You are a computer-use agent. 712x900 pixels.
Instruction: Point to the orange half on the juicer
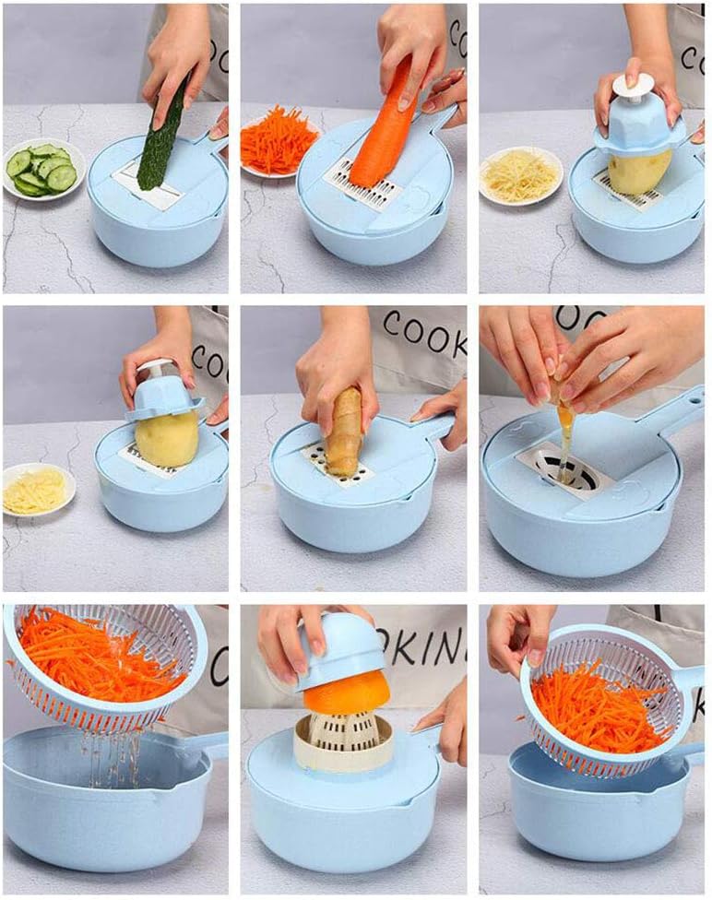click(x=346, y=693)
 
